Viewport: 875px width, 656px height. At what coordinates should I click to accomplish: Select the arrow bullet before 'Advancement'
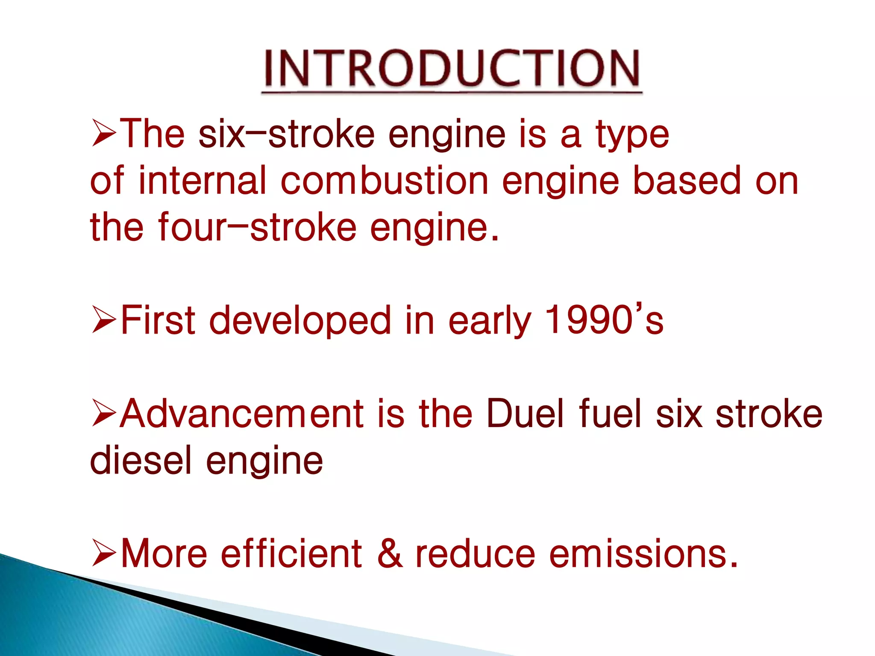[104, 413]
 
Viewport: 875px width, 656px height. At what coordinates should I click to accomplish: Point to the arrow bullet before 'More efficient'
[104, 553]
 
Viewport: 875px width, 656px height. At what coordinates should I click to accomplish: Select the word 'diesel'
[141, 460]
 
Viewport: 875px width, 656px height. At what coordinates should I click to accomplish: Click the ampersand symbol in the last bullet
[390, 553]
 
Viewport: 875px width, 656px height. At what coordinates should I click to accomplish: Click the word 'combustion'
[384, 181]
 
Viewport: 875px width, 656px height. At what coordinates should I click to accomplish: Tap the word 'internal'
[203, 181]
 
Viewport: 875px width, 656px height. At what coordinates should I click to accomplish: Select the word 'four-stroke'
[257, 227]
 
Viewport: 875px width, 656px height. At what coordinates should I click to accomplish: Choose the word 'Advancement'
[242, 413]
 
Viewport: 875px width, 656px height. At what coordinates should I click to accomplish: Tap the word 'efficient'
[291, 553]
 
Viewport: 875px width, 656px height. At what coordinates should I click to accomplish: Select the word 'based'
[686, 181]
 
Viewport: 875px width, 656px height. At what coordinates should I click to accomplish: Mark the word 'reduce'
[475, 553]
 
